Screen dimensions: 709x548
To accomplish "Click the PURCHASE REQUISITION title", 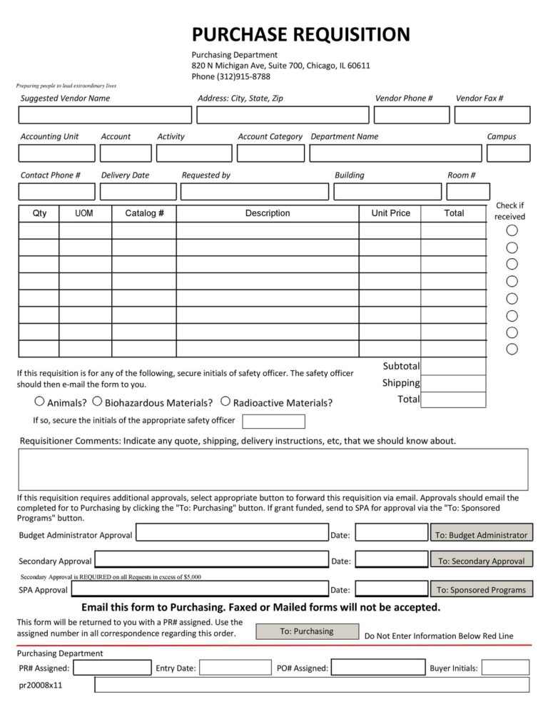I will tap(300, 34).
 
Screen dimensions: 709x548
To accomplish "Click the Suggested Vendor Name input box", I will tap(105, 115).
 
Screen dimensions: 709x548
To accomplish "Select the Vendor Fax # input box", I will tap(492, 115).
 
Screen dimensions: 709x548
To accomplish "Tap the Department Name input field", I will tap(395, 153).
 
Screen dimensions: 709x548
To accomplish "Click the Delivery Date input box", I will tap(138, 192).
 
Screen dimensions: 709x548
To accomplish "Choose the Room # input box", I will tap(468, 192).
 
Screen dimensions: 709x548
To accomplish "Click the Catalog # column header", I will tap(144, 213).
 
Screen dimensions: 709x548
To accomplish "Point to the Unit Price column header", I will tap(390, 213).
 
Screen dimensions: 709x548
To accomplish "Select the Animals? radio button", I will tap(40, 402).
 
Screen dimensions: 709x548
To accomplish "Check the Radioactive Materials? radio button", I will tap(225, 402).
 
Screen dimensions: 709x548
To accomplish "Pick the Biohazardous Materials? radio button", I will tap(97, 402).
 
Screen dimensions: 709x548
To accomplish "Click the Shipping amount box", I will tap(453, 383).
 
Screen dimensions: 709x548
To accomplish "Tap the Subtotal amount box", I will tap(453, 366).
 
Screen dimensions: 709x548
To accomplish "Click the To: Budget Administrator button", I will tap(481, 535).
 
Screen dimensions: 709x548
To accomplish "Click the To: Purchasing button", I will tap(307, 631).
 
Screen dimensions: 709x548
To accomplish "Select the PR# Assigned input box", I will tap(112, 668).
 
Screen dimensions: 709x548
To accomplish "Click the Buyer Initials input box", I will tap(505, 668).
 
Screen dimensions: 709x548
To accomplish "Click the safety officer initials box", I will tap(273, 422).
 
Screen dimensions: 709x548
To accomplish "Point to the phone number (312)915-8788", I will tap(231, 77).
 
